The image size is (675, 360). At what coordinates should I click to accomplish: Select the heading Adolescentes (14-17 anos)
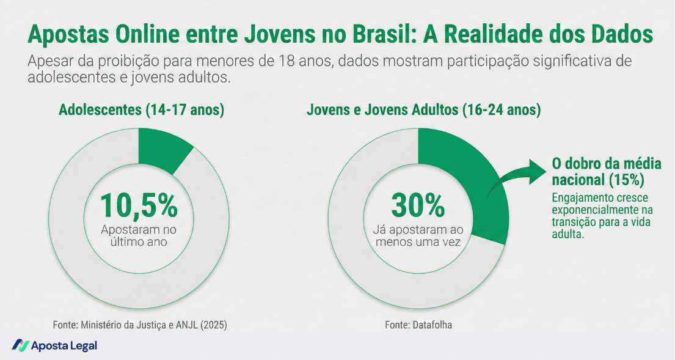142,111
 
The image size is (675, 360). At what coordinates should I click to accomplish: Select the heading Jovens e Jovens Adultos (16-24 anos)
423,111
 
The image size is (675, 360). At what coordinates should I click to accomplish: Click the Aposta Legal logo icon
20,345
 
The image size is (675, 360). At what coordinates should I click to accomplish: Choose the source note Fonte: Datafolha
418,325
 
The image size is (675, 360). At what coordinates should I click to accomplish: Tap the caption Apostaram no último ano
139,236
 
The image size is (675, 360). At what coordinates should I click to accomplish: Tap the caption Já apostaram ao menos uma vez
418,236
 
